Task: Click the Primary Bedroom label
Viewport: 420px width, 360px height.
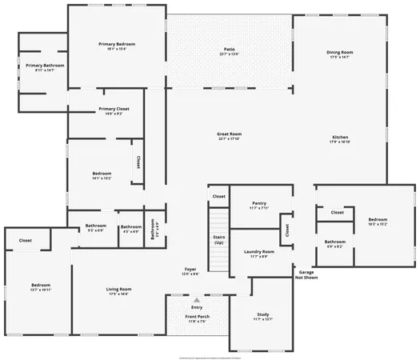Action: click(x=117, y=46)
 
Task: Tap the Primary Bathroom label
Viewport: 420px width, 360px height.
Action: click(x=45, y=67)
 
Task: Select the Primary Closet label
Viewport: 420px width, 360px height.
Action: click(x=114, y=111)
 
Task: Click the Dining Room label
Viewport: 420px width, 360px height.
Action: click(x=340, y=54)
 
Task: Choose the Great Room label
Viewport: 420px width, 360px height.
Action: click(x=229, y=136)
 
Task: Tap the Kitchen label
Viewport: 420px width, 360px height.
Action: click(x=340, y=139)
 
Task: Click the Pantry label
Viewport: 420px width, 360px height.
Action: click(x=258, y=206)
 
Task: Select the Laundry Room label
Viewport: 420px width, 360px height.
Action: click(x=258, y=254)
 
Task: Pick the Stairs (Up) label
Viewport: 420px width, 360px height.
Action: click(x=218, y=240)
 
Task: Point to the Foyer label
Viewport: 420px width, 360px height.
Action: click(x=190, y=272)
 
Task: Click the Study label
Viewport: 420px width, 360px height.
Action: click(x=263, y=316)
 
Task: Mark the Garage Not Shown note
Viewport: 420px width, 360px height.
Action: click(x=306, y=274)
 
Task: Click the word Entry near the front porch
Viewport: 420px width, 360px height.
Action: click(x=196, y=307)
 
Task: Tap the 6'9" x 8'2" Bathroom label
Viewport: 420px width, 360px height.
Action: click(x=335, y=244)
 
